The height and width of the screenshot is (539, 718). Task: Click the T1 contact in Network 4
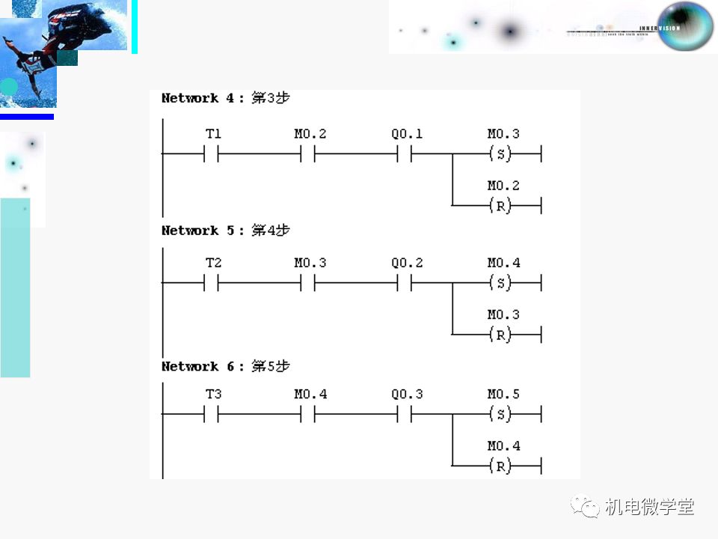(x=211, y=155)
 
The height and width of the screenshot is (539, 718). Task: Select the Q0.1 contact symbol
(x=405, y=155)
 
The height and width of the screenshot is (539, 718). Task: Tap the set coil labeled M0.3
(x=500, y=155)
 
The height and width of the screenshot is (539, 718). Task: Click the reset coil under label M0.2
(x=500, y=206)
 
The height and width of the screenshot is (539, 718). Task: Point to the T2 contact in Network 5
(x=211, y=284)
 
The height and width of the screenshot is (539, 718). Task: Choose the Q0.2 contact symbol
(x=405, y=284)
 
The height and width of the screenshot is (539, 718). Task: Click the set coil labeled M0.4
(x=500, y=284)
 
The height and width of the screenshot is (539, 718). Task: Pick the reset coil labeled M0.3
(x=500, y=335)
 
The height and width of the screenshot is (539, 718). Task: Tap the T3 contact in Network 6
(x=211, y=414)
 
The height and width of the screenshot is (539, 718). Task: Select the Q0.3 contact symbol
(x=405, y=414)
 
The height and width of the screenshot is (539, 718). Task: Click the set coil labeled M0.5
(x=500, y=414)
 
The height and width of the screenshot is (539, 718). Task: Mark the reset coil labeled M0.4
(x=500, y=466)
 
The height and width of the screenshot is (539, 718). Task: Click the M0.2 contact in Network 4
(x=308, y=155)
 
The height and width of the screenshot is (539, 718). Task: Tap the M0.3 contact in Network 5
(x=308, y=284)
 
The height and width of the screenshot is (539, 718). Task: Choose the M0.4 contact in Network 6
(x=308, y=414)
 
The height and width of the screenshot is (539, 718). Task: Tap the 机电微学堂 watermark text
(x=649, y=507)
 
